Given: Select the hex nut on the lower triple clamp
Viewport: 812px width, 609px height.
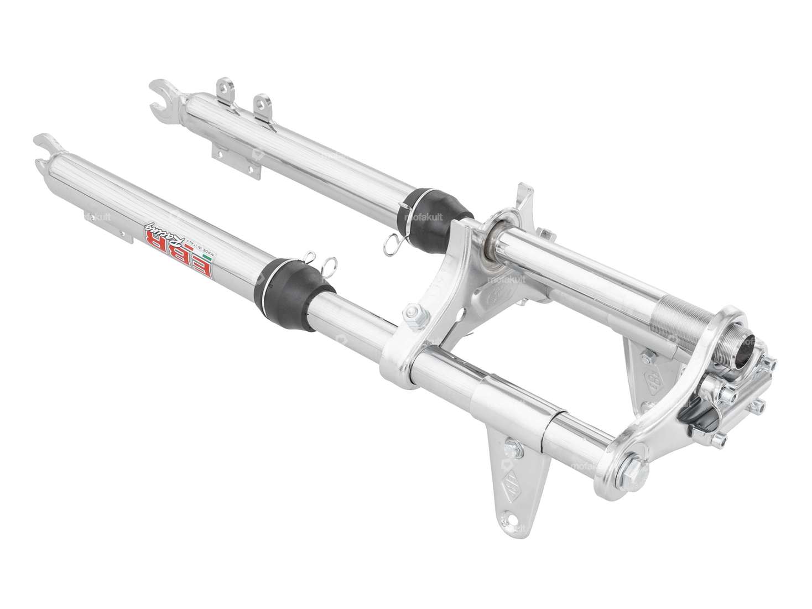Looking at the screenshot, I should coord(410,313).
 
